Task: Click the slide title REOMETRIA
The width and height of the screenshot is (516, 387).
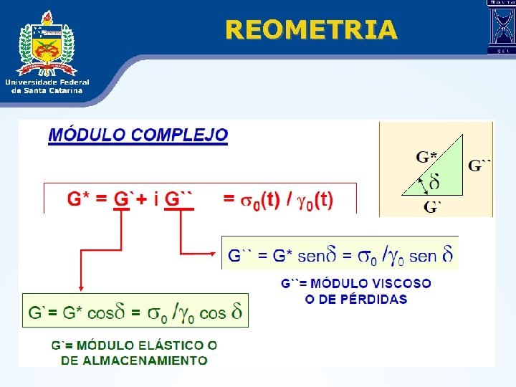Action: click(x=310, y=29)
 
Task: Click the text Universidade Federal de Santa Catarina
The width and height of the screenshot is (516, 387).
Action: click(x=47, y=86)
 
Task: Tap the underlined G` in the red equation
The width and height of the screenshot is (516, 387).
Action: click(x=123, y=199)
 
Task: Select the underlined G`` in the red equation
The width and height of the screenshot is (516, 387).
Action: click(x=179, y=199)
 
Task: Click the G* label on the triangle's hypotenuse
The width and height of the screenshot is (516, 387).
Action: click(x=427, y=157)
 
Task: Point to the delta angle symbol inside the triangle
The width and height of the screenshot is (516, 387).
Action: click(x=434, y=183)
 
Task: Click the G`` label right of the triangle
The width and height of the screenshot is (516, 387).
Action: click(x=479, y=166)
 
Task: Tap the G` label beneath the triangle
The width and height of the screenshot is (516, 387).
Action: click(x=432, y=208)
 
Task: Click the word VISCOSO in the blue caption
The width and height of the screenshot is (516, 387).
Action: click(x=403, y=284)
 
